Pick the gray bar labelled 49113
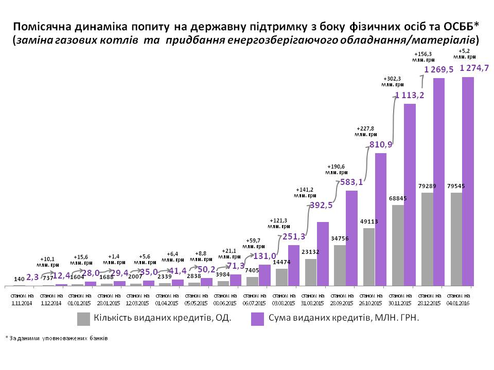coord(369,256)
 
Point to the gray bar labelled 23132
coord(311,272)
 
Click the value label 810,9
coord(381,144)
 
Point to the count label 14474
coord(282,262)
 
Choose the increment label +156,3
coord(424,56)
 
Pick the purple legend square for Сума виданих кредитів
coord(258,319)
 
